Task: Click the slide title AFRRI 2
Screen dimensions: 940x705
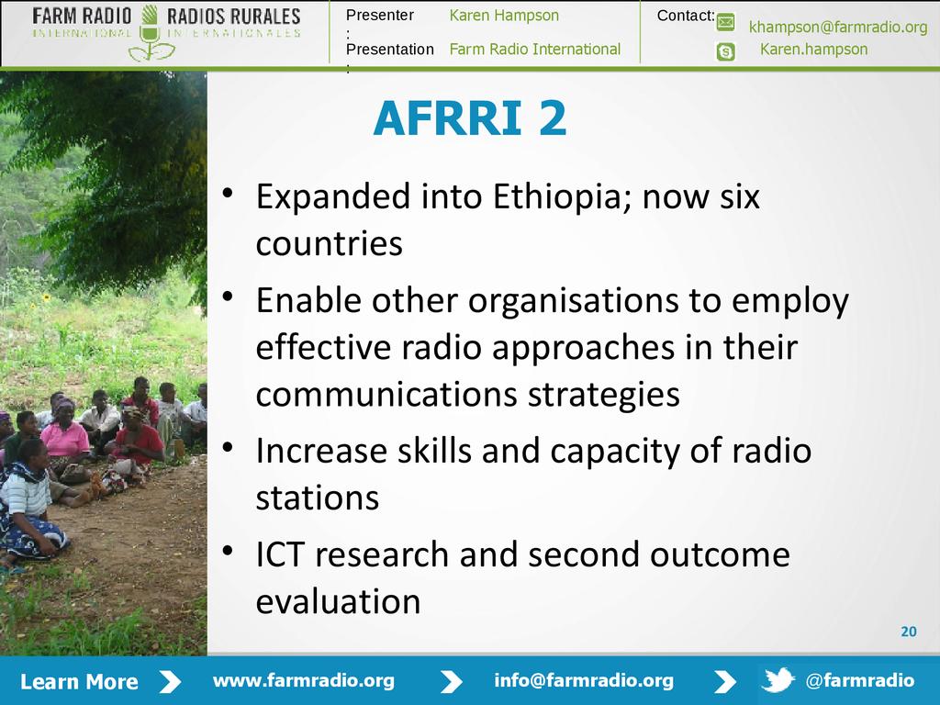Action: [469, 118]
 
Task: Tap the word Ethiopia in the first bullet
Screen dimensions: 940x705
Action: [561, 197]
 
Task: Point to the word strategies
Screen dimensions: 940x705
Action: [604, 395]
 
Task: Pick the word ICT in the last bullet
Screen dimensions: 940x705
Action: [280, 554]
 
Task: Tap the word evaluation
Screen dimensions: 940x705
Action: [338, 601]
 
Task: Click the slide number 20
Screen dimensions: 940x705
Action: [909, 632]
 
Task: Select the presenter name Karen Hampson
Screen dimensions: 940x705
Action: [504, 16]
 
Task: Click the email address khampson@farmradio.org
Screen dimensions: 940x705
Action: [838, 27]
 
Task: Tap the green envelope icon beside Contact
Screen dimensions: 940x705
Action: [725, 23]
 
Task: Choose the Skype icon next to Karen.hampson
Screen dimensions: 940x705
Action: [725, 52]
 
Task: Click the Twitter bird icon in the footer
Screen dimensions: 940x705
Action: [778, 680]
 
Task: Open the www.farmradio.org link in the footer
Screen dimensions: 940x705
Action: [303, 680]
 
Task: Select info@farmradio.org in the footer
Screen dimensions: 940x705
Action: [583, 680]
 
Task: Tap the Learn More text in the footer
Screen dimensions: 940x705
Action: [79, 682]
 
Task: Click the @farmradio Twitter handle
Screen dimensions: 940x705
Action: [859, 680]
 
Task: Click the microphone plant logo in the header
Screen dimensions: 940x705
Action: [150, 34]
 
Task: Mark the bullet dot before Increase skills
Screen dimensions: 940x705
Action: [228, 447]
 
